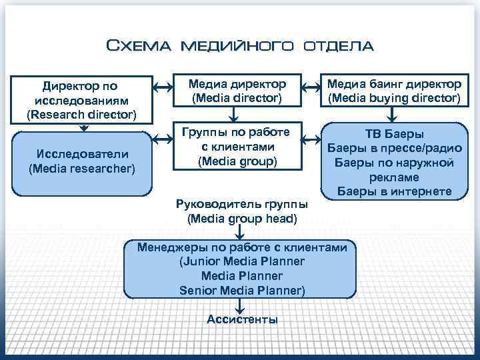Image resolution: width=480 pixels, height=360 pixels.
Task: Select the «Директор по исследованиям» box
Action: click(82, 99)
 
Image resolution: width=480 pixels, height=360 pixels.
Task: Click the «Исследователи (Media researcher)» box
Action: click(82, 162)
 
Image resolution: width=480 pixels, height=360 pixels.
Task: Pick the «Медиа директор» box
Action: click(237, 91)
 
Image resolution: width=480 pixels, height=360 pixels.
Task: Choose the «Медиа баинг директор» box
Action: click(393, 91)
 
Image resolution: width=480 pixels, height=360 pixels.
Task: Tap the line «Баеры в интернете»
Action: click(394, 192)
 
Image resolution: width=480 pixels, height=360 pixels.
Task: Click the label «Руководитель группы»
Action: click(242, 204)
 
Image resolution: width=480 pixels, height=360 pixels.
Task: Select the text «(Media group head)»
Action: click(242, 218)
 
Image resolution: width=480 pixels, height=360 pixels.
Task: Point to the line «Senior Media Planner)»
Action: click(242, 290)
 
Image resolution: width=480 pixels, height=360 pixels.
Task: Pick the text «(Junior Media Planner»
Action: click(242, 261)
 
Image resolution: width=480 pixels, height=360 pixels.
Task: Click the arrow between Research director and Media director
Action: click(161, 87)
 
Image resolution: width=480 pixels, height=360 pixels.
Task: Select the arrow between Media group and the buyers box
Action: click(310, 140)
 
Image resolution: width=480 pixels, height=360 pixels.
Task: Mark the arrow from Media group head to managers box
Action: click(242, 233)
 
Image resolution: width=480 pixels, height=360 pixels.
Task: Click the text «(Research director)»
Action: click(82, 114)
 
